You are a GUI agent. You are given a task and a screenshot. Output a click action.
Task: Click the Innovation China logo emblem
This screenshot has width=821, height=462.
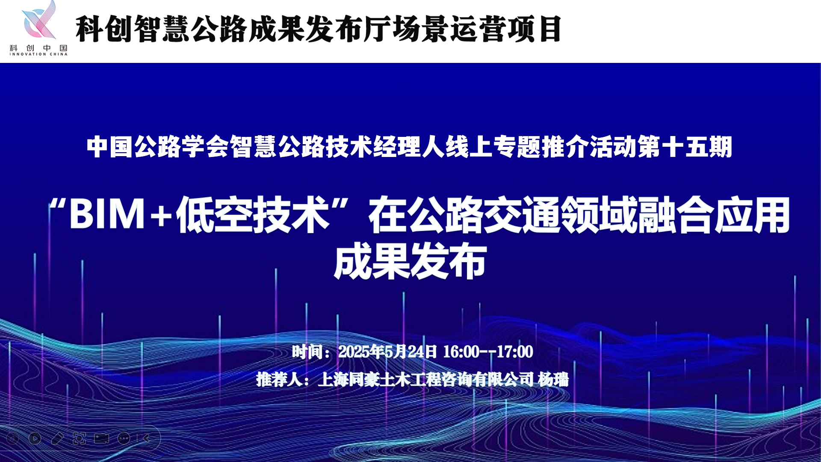click(39, 21)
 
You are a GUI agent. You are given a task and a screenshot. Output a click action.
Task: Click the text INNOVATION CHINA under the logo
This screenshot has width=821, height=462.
click(38, 54)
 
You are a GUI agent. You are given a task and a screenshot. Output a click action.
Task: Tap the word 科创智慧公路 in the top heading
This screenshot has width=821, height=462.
click(161, 29)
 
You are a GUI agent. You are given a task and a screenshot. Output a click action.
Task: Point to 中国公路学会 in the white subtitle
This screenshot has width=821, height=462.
click(146, 147)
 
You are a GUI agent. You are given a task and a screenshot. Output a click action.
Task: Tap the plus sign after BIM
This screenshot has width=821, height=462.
click(161, 215)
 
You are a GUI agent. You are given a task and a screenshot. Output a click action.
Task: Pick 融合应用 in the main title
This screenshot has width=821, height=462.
click(714, 214)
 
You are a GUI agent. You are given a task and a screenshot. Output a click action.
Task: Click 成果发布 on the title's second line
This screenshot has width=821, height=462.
click(410, 261)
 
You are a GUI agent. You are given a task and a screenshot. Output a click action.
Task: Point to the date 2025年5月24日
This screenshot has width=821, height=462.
click(387, 352)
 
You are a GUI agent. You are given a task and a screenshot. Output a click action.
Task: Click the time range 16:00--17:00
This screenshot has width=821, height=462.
click(488, 352)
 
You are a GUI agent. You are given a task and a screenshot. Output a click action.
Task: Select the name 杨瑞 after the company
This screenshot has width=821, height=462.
click(553, 379)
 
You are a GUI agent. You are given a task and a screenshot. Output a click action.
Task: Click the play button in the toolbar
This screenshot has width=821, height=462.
click(35, 438)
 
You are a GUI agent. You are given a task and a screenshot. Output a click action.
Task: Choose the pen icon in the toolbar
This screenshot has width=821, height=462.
click(57, 438)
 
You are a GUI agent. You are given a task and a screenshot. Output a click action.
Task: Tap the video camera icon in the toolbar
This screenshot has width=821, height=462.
click(101, 438)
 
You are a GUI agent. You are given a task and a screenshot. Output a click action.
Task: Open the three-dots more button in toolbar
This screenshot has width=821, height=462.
click(124, 438)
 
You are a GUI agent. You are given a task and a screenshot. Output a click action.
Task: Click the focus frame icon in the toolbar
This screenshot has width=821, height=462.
click(79, 438)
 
